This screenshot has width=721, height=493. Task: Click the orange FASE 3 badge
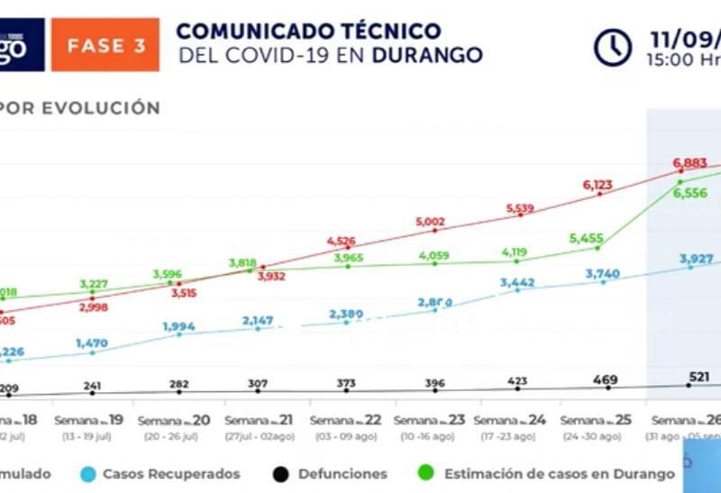(105, 45)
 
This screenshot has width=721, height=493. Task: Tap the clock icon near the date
(613, 47)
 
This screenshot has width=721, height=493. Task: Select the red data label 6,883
(692, 162)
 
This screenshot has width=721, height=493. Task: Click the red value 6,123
(598, 185)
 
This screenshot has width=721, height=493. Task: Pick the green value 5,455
(587, 238)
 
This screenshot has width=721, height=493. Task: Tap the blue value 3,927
(697, 258)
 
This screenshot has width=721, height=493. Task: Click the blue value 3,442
(517, 282)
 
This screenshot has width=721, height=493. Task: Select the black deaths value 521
(698, 376)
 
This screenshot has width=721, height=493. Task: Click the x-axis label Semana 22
(345, 421)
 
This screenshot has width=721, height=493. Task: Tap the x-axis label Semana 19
(92, 421)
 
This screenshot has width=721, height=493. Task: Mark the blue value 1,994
(178, 325)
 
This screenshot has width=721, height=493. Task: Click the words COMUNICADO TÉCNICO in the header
(308, 31)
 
